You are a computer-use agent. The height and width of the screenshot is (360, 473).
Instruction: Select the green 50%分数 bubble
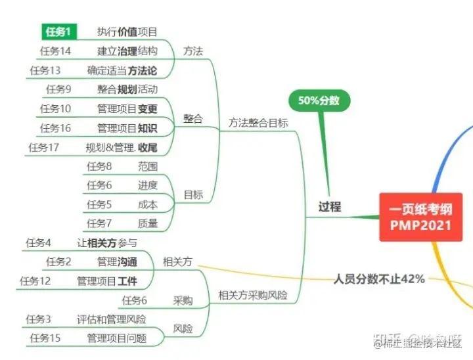coord(319,101)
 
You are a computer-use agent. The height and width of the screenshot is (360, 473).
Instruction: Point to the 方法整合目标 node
coord(258,122)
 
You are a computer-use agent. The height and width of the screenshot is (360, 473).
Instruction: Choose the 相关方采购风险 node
coord(253,295)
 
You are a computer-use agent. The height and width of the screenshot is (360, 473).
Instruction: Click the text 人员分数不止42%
coord(379,279)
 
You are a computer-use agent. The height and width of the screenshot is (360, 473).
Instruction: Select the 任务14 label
coord(55,51)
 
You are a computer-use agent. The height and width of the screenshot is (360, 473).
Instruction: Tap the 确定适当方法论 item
coord(122,70)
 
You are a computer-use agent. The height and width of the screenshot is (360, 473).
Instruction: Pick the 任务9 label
coord(58,89)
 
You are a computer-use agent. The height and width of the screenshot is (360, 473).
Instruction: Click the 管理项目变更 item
coord(127,108)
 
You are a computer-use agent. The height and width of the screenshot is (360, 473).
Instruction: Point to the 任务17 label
coord(44,147)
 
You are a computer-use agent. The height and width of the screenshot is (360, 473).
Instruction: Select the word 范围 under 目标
coord(148,166)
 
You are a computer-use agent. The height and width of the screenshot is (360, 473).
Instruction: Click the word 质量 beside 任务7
coord(148,223)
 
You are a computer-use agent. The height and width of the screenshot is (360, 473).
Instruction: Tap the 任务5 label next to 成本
coord(99,204)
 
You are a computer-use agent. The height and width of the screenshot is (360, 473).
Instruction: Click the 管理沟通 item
coord(118,262)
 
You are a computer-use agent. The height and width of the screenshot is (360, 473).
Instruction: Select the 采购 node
coord(183,300)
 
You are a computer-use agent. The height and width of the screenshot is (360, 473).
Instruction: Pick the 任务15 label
coord(45,338)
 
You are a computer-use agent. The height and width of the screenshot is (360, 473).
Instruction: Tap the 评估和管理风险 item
coord(111,319)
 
